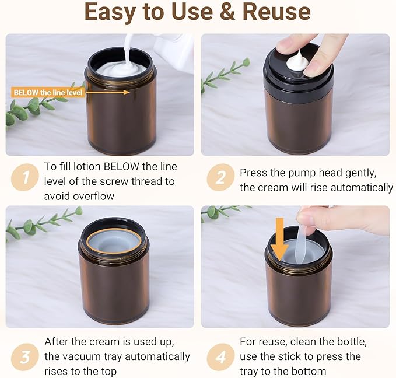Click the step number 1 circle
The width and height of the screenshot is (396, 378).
pos(25,177)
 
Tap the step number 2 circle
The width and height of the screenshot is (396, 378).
pos(220,177)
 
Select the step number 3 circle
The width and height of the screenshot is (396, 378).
pos(25,357)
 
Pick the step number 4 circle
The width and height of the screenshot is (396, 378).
pos(220,357)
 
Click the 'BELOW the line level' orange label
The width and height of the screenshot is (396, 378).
pos(48,93)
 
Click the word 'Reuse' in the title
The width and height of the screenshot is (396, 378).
pos(276,12)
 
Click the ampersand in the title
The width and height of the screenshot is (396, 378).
pos(227,12)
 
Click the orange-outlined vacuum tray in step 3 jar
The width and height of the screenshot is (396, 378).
pos(114,242)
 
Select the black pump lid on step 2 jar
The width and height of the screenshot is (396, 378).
pos(298,73)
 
